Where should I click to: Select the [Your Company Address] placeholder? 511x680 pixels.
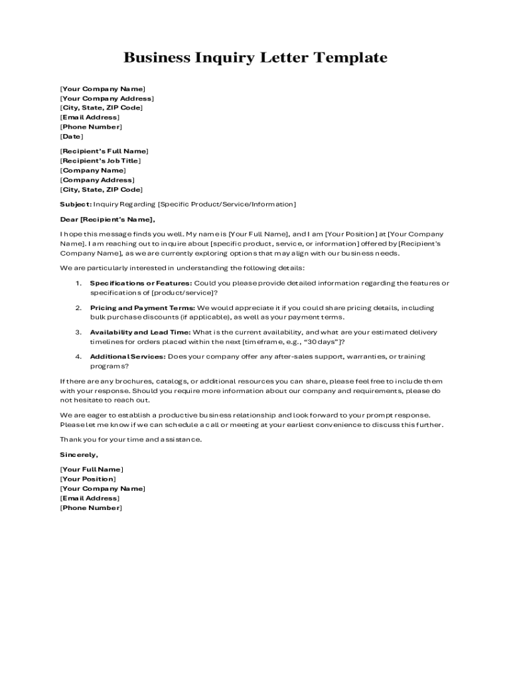coord(106,98)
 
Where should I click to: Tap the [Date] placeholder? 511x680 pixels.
coord(72,136)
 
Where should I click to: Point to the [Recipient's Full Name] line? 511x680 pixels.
coord(104,151)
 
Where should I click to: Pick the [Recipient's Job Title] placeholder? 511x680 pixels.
coord(100,161)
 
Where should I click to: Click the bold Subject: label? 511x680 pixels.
coord(76,204)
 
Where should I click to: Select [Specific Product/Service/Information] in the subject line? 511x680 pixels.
coord(227,204)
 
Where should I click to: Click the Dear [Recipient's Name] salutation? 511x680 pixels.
coord(108,219)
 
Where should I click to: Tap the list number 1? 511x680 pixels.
coord(78,284)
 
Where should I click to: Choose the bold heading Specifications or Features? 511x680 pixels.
coord(141,284)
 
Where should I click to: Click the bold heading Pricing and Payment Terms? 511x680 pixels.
coord(143,308)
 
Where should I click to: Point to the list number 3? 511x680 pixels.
coord(78,332)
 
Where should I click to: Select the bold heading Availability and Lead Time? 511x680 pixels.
coord(140,332)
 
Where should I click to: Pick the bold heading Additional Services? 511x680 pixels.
coord(127,357)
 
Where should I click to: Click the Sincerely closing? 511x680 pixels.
coord(79,455)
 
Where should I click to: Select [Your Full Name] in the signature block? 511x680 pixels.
coord(92,469)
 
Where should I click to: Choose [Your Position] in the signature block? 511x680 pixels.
coord(88,479)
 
